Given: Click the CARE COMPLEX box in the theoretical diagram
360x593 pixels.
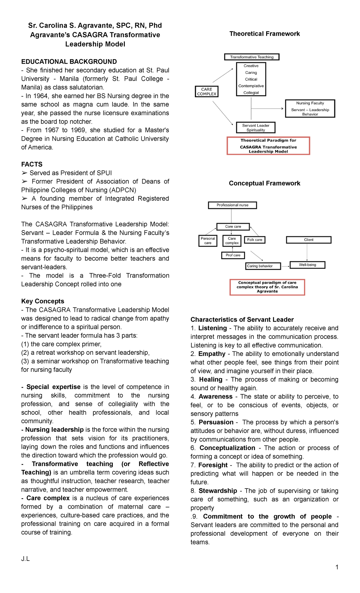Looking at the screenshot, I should tap(206, 92).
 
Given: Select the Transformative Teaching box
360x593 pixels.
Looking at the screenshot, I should tap(252, 57).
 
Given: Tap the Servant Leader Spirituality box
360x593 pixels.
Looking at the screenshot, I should tap(256, 128).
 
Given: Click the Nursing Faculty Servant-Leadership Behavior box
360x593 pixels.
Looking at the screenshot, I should tap(310, 108).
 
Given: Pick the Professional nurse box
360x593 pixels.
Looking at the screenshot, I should tap(232, 205).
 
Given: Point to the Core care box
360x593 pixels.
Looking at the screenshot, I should tap(233, 227).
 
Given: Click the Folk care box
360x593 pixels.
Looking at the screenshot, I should tap(255, 240).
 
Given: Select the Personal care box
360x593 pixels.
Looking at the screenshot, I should tap(208, 241).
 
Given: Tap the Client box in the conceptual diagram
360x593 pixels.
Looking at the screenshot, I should tap(309, 240).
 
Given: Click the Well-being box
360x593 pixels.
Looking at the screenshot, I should tap(307, 265).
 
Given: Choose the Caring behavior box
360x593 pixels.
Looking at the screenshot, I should tap(263, 266).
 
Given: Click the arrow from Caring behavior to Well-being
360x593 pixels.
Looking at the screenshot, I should tap(285, 266).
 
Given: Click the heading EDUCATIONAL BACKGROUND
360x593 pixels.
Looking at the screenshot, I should tap(69, 62).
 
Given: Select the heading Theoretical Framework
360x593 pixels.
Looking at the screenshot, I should tap(265, 34).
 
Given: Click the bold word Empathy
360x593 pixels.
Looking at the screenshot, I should tap(212, 354).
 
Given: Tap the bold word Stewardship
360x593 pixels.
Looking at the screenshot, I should tap(218, 491).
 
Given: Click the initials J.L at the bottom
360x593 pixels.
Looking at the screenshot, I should tap(25, 558).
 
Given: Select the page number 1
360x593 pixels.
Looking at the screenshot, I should tap(337, 567).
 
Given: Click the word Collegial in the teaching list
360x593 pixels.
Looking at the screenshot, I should tap(251, 93).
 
